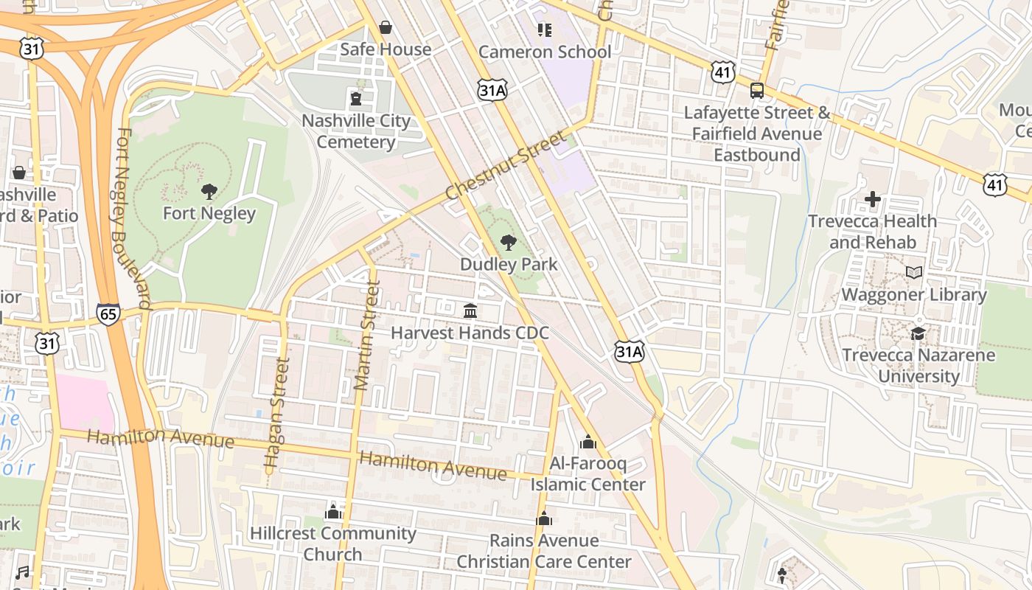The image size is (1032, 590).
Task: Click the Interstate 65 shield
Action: [108, 314]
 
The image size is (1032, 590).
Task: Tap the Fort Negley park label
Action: [209, 214]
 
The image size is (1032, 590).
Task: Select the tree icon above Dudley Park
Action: [507, 243]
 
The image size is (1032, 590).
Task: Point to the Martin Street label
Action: [366, 336]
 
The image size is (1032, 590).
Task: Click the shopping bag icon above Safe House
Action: [385, 28]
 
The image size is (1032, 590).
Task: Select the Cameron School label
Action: [545, 52]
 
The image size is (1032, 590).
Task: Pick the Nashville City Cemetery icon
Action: [356, 98]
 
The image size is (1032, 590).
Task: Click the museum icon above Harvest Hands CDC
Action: [470, 311]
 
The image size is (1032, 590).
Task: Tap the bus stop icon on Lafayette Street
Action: [757, 91]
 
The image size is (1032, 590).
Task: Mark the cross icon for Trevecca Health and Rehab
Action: [873, 199]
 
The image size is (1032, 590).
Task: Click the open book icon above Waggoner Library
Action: [914, 273]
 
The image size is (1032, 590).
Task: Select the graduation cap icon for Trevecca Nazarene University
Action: [918, 333]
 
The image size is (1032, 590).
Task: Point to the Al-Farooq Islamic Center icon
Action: [588, 442]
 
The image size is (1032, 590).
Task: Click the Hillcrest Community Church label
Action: [333, 544]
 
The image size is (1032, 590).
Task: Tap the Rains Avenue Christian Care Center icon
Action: [544, 519]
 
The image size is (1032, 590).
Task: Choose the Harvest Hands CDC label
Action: [470, 333]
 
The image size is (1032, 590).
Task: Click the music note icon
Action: [23, 572]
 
